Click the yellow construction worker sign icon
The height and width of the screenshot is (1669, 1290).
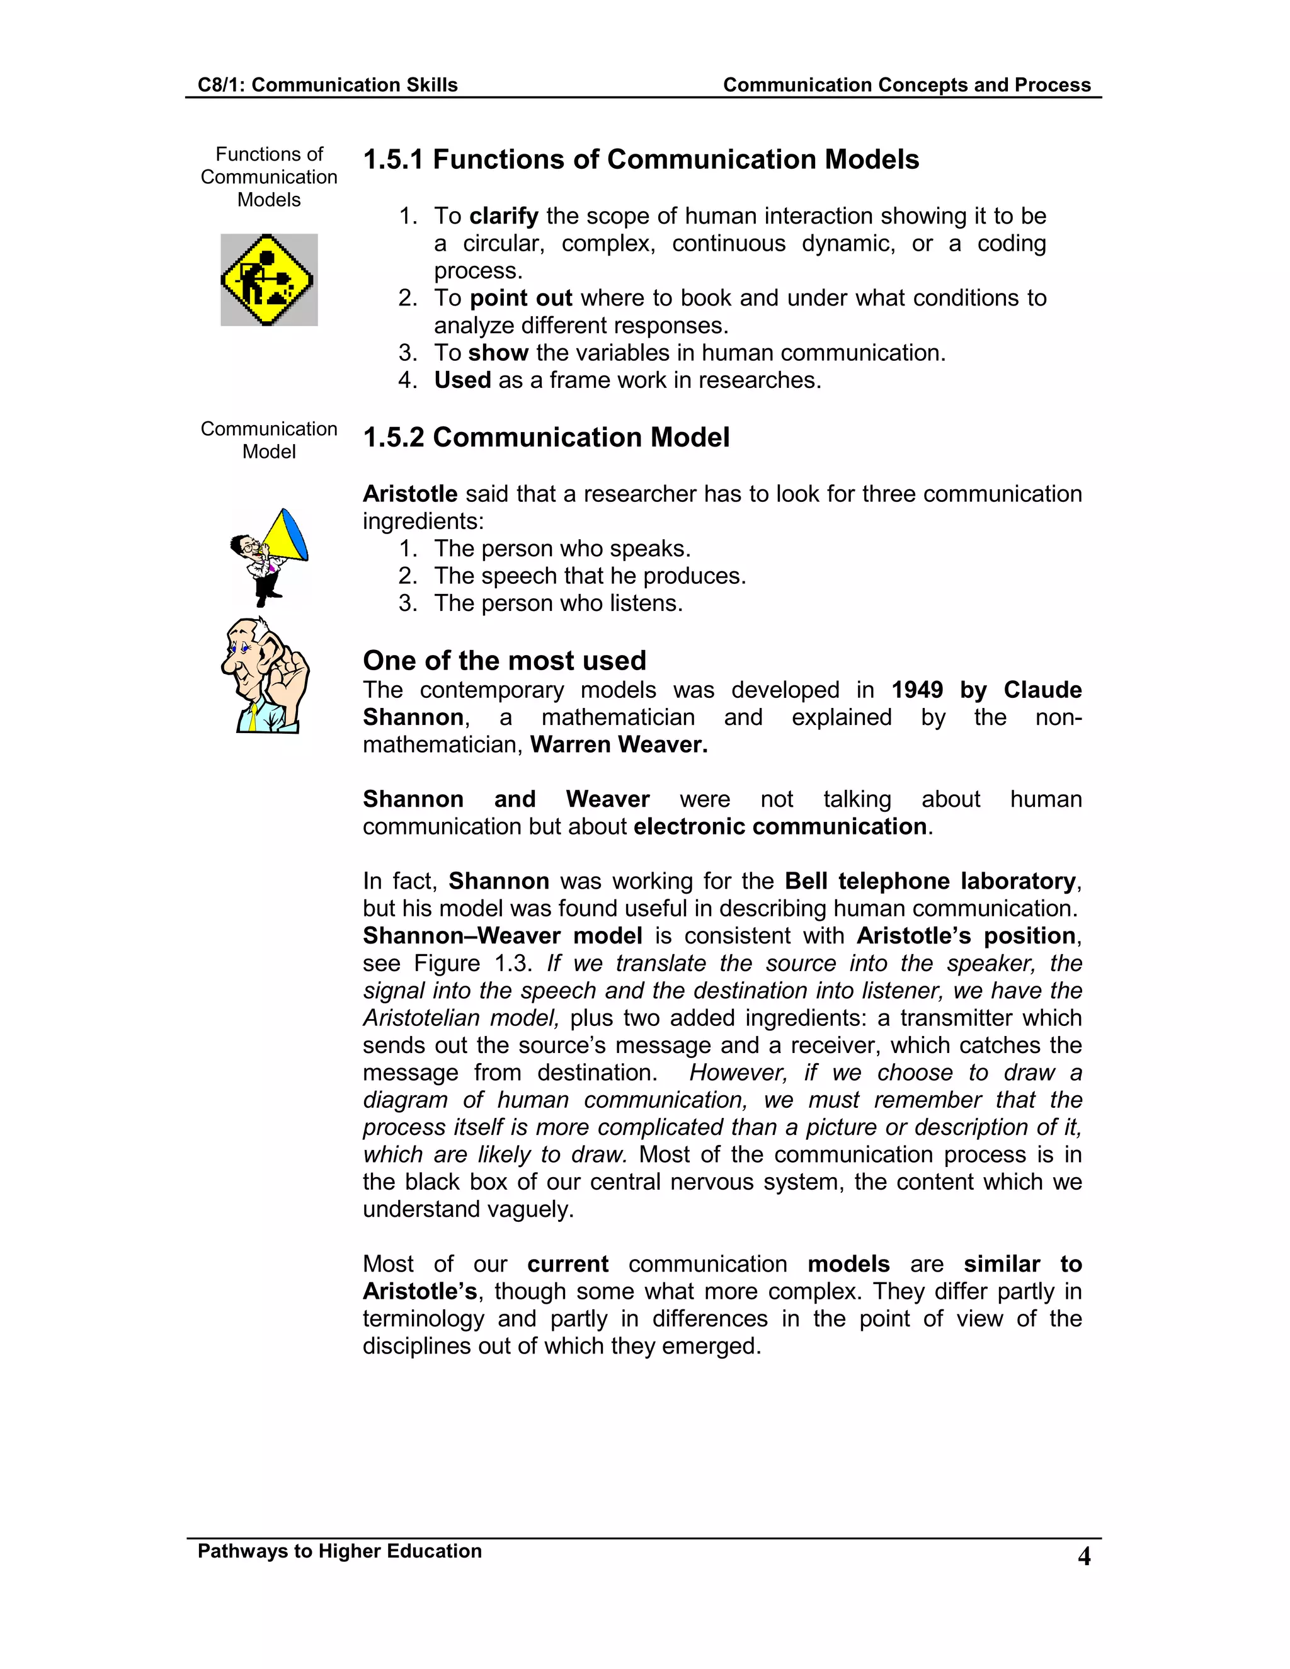point(268,280)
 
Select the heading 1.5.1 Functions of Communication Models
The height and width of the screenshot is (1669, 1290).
point(641,160)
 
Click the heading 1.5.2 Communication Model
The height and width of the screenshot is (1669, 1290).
point(545,438)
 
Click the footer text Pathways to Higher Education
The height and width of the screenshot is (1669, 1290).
point(340,1551)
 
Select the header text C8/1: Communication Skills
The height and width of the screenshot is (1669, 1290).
point(327,85)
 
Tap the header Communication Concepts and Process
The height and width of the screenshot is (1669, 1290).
point(906,85)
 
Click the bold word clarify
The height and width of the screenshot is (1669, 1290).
point(504,216)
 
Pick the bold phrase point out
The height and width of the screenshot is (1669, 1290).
point(520,298)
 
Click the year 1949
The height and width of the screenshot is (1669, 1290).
point(916,690)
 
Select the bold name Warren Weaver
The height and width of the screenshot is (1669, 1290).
point(619,745)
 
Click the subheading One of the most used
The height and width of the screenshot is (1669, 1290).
point(505,660)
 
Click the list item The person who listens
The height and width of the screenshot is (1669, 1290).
point(558,604)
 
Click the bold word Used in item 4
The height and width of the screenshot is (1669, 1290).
point(462,380)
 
